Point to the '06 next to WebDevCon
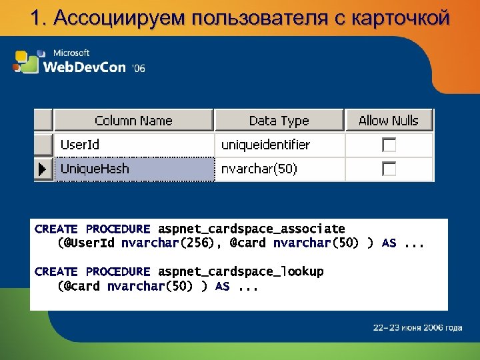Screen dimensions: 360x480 [x=139, y=68]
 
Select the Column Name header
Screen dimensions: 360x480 [x=133, y=121]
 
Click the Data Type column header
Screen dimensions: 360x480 [x=279, y=121]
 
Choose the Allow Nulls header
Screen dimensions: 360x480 [x=389, y=121]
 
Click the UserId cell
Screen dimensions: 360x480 [x=80, y=145]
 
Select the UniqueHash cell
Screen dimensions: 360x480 [x=95, y=169]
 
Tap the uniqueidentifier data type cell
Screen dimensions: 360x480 [x=265, y=145]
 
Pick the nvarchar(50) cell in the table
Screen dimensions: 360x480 [x=259, y=169]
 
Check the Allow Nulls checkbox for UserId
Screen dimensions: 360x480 [x=389, y=145]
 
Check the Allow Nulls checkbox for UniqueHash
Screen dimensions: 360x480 [x=389, y=169]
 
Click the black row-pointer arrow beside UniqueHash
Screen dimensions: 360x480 [x=43, y=169]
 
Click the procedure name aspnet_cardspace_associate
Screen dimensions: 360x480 [x=251, y=229]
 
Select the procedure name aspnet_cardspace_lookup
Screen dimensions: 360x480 [x=241, y=272]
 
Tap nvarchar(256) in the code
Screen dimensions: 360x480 [x=169, y=243]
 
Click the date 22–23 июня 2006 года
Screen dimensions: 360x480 [x=417, y=327]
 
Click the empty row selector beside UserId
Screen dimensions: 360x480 [x=43, y=145]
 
